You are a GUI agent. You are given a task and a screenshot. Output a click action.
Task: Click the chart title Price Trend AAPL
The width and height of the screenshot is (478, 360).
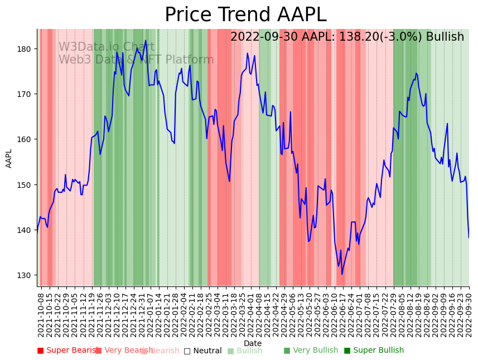[245, 15]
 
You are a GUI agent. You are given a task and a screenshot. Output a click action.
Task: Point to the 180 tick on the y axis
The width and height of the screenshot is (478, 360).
[27, 49]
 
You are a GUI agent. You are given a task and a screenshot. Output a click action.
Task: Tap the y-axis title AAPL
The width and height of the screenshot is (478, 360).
[9, 158]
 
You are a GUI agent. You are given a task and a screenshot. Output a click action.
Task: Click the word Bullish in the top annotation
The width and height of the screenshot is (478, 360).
[445, 37]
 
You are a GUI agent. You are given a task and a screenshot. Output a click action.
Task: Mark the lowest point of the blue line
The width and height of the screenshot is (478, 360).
[342, 274]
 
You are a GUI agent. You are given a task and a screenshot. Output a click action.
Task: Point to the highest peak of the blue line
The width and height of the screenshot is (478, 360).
[146, 40]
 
